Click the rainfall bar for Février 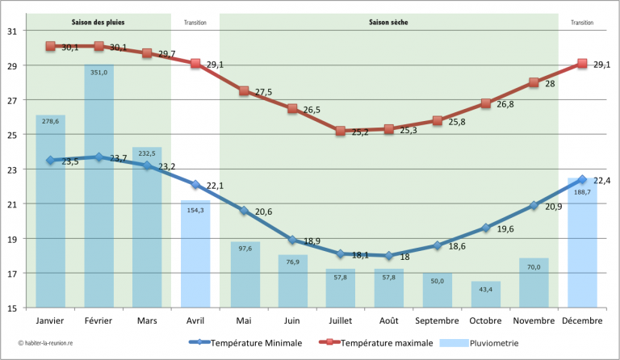98,186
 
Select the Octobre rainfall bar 486,295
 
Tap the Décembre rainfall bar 582,242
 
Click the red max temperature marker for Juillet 341,131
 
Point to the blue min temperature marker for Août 389,255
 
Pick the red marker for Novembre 534,82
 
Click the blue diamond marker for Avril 195,184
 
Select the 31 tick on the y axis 14,31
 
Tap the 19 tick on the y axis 14,239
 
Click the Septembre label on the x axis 437,320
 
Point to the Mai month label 244,320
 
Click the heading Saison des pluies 98,23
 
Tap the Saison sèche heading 388,23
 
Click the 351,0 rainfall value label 98,72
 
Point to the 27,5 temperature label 264,93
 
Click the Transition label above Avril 195,23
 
